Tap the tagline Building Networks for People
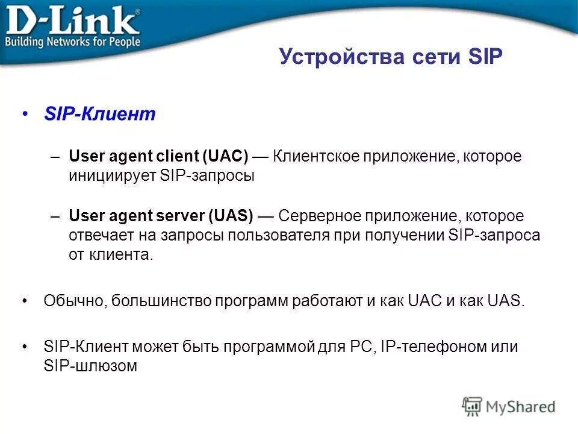pos(73,42)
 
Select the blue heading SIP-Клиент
pos(100,115)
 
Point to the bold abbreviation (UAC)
pos(225,157)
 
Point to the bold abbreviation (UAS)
pos(231,216)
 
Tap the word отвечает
pos(101,235)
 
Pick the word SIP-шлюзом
pos(90,366)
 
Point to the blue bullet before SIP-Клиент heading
pos(25,115)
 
